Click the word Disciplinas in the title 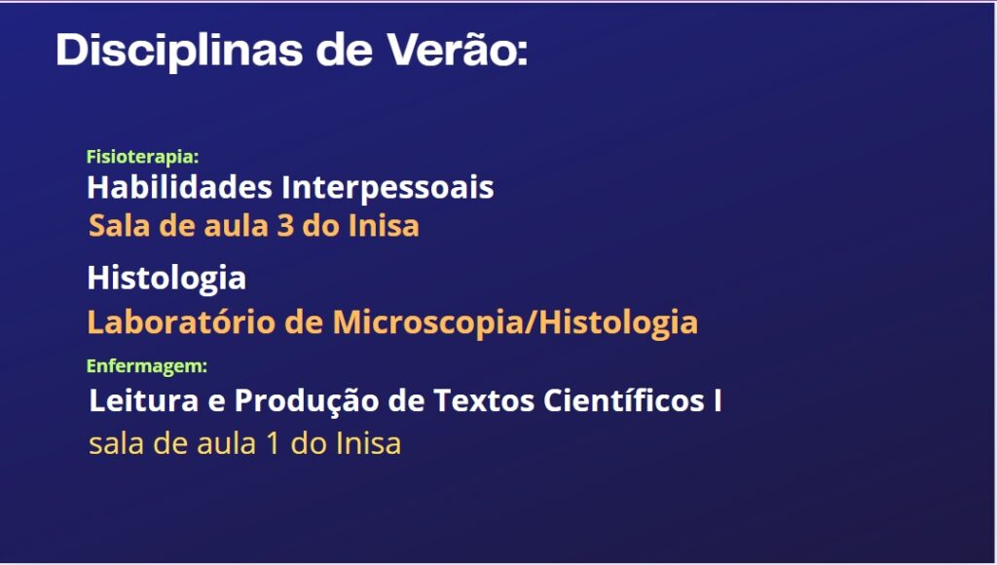point(179,51)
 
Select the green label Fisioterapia point(142,157)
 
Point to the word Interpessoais point(388,188)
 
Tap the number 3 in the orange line point(285,226)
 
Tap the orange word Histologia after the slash point(618,321)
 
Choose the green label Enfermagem point(147,366)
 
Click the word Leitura point(144,400)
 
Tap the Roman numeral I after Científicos point(718,400)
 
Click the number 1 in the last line point(274,443)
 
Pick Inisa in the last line point(368,443)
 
